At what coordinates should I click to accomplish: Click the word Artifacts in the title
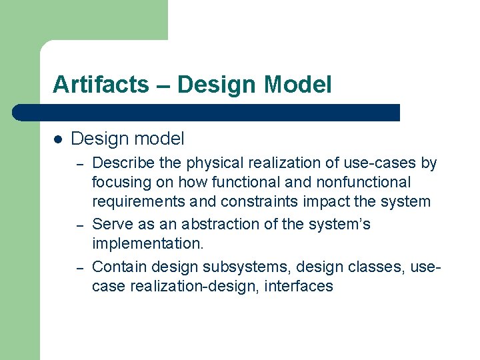tap(101, 85)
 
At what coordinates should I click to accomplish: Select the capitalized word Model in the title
tap(297, 85)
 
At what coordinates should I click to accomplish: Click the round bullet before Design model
tap(58, 139)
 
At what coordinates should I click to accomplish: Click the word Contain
tap(119, 267)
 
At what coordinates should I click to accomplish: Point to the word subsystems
tap(246, 267)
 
